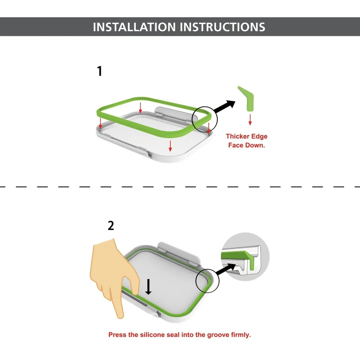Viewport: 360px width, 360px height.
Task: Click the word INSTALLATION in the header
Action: pos(134,27)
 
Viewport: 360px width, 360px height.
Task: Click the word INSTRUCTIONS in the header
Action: pos(222,27)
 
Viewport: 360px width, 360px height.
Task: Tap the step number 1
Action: pos(99,71)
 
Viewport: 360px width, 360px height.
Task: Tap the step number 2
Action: pos(111,226)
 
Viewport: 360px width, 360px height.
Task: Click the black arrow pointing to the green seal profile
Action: pos(224,107)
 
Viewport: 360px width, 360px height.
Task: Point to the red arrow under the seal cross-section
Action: pos(250,120)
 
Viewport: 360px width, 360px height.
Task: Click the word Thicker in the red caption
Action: pos(237,136)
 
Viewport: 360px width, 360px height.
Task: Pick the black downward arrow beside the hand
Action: pos(148,287)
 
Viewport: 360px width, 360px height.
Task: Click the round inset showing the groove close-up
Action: pos(245,257)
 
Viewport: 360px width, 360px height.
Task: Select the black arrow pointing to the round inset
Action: pos(226,269)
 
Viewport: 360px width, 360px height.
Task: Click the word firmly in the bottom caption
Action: pos(241,335)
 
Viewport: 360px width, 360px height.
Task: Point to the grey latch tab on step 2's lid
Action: pos(179,253)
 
